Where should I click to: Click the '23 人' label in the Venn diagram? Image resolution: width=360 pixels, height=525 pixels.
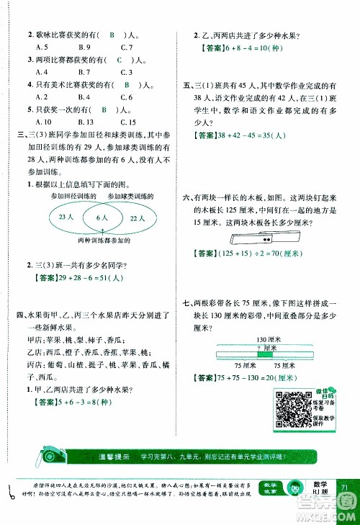point(66,216)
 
